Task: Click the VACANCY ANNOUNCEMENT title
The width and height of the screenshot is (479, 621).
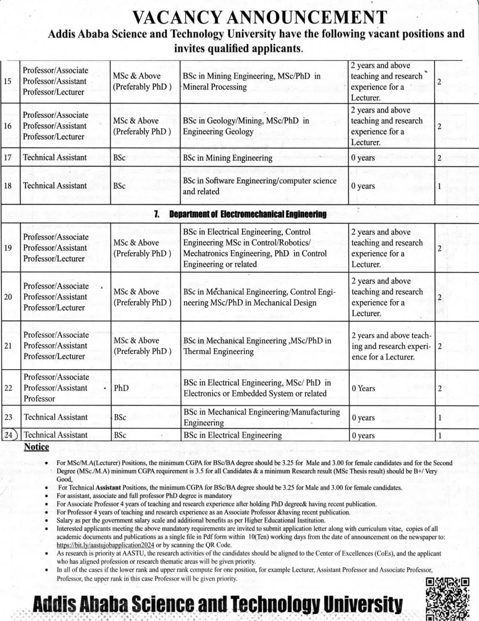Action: pos(260,17)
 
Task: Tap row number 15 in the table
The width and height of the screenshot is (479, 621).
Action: pos(8,81)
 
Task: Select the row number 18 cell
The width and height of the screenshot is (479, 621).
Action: pos(8,186)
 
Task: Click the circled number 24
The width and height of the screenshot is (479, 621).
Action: pos(9,435)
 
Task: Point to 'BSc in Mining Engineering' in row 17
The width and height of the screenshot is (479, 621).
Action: pos(228,158)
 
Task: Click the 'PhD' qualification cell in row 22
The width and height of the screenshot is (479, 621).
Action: pos(121,388)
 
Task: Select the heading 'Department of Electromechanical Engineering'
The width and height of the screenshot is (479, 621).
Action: pos(247,214)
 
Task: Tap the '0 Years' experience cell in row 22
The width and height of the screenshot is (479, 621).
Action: pos(363,388)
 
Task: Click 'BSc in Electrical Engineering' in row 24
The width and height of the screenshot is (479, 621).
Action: pos(232,435)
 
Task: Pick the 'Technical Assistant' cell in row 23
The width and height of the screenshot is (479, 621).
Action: pos(56,417)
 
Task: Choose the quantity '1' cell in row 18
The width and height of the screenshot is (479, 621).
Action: pos(439,186)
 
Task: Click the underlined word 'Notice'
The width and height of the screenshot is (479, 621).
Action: pos(36,447)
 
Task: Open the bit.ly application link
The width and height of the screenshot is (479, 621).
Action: pos(105,545)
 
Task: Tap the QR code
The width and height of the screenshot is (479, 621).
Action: pos(447,599)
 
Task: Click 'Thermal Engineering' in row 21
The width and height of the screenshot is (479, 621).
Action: pos(218,351)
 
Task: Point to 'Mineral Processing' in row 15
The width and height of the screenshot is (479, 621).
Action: pos(215,87)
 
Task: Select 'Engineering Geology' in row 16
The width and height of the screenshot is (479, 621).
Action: pos(218,131)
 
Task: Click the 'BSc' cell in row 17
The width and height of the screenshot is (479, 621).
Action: pos(119,158)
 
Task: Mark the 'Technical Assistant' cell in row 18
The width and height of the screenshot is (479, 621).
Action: pos(55,186)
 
